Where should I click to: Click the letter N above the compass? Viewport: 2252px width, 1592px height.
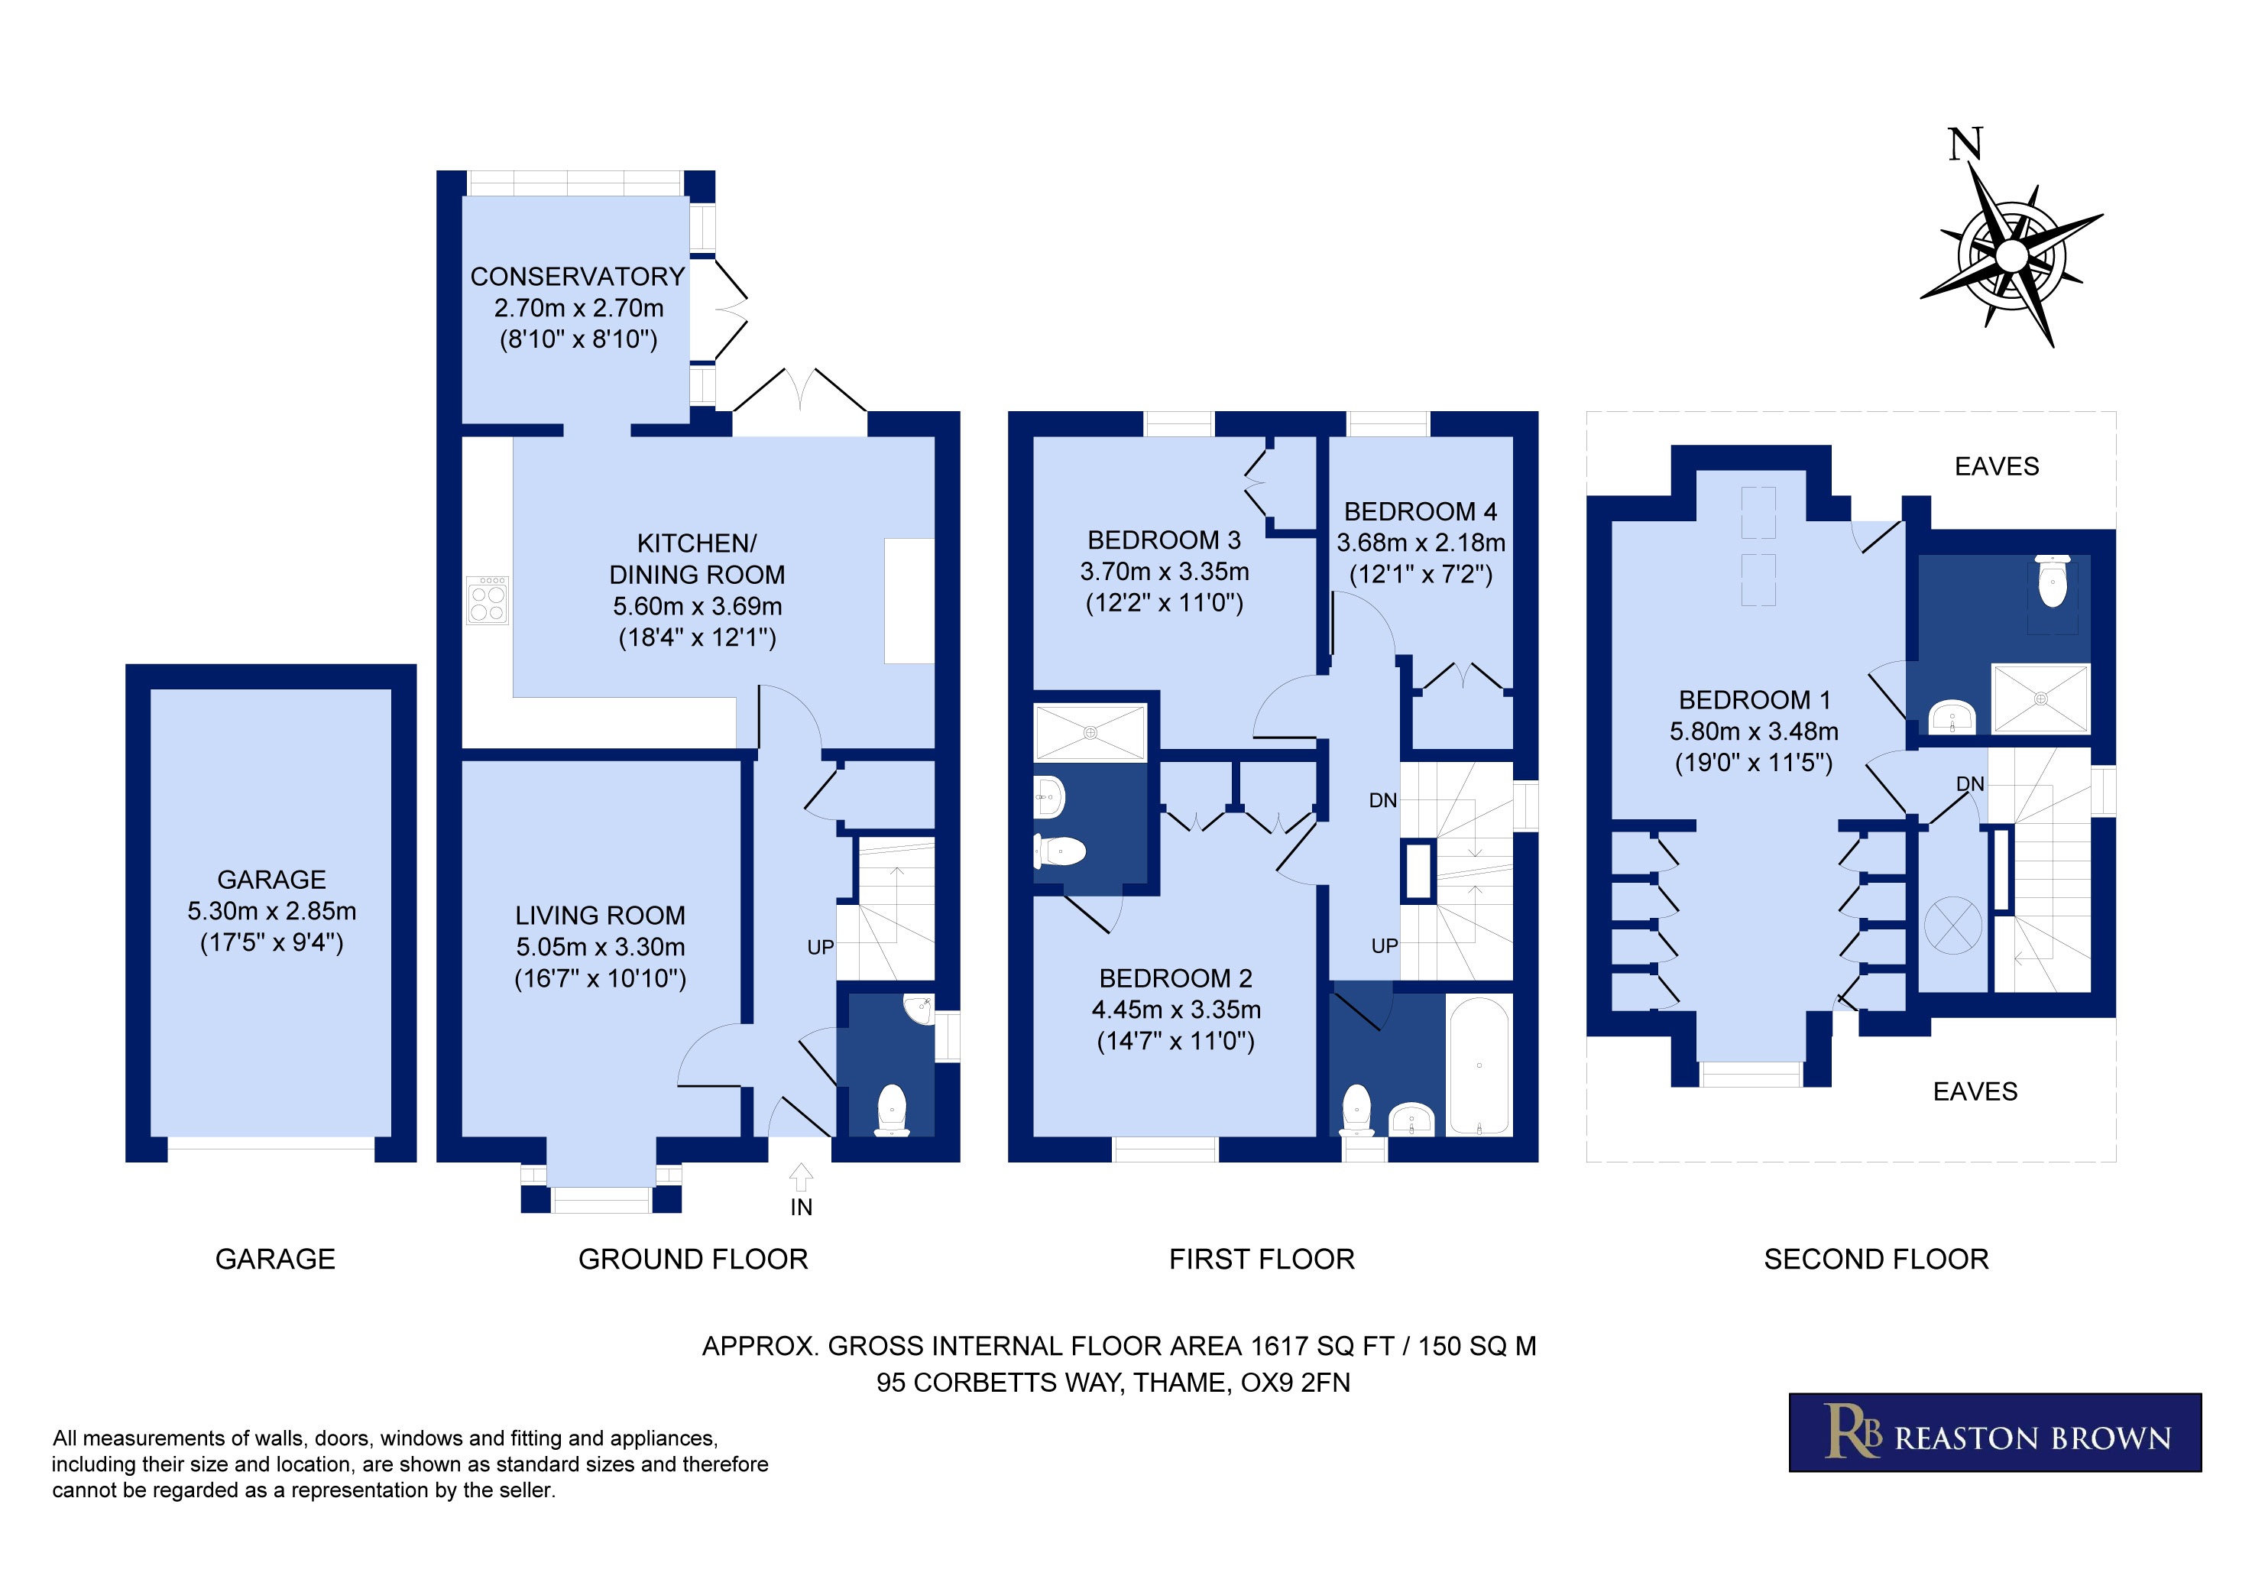(1965, 144)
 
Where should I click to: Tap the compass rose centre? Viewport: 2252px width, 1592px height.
(2012, 256)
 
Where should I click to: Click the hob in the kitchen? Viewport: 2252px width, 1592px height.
(488, 599)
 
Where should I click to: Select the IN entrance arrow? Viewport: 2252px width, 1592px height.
(802, 1177)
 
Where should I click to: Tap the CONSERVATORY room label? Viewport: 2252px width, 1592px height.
(578, 277)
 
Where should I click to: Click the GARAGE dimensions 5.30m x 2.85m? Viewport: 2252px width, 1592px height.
(272, 911)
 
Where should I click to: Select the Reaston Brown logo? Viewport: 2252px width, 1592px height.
(1995, 1432)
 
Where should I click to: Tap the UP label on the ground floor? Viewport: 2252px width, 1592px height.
(820, 948)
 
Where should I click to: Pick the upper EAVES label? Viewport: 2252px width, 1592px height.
(1997, 467)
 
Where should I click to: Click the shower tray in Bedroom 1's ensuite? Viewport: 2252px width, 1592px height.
(2041, 699)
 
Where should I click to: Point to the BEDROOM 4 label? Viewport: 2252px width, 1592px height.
(1421, 512)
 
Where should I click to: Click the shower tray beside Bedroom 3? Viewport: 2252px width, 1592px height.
(1090, 731)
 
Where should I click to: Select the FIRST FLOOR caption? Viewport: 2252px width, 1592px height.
(1262, 1260)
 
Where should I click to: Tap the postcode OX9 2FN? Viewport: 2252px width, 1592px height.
(1296, 1383)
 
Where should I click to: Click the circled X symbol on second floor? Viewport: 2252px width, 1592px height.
(1953, 925)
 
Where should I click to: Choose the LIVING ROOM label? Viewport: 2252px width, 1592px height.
(601, 916)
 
